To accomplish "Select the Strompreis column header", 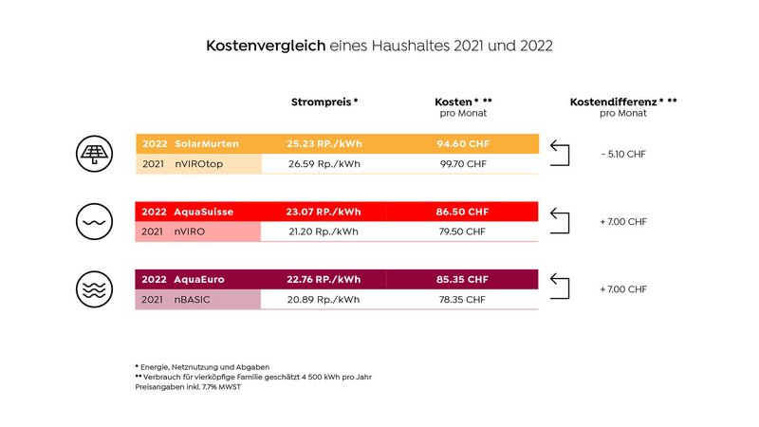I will pyautogui.click(x=324, y=101).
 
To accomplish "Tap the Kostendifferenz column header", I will pyautogui.click(x=622, y=101).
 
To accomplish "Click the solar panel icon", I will pyautogui.click(x=94, y=153).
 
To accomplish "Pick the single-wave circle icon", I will pyautogui.click(x=94, y=221).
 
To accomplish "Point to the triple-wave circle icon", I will pyautogui.click(x=94, y=289).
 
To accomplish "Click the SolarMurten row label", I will pyautogui.click(x=206, y=143).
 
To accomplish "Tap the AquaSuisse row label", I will pyautogui.click(x=203, y=212).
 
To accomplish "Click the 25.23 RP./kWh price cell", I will pyautogui.click(x=324, y=143).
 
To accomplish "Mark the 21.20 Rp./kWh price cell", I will pyautogui.click(x=324, y=232).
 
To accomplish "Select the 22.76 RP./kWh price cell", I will pyautogui.click(x=324, y=280).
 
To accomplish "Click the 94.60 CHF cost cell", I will pyautogui.click(x=463, y=143).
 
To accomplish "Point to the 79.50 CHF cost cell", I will pyautogui.click(x=463, y=232).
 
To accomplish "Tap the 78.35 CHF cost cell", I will pyautogui.click(x=463, y=300).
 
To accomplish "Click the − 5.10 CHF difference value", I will pyautogui.click(x=622, y=153).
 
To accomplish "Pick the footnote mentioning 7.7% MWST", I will pyautogui.click(x=188, y=387).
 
